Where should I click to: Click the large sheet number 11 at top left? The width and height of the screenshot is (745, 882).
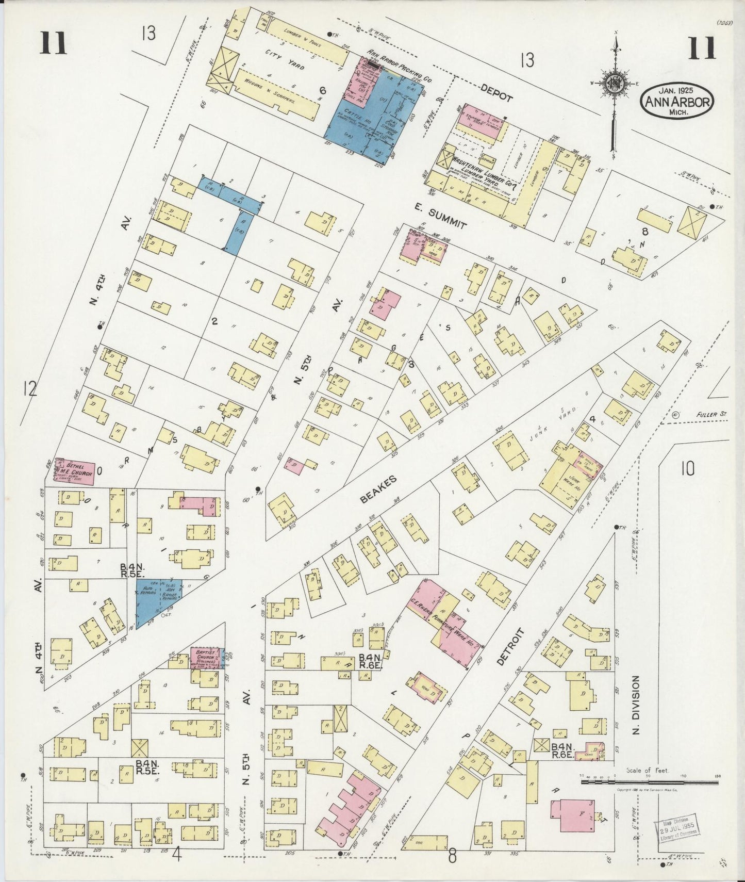tap(53, 43)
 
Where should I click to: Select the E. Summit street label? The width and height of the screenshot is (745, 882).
tap(441, 215)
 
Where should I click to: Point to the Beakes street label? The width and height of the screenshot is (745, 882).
tap(378, 488)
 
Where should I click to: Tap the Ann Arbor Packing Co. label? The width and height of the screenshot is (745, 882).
tap(400, 66)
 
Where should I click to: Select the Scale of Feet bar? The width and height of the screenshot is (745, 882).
tap(650, 782)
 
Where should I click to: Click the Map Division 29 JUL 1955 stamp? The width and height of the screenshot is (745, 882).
tap(678, 830)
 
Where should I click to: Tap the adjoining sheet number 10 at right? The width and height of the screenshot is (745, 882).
tap(687, 468)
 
